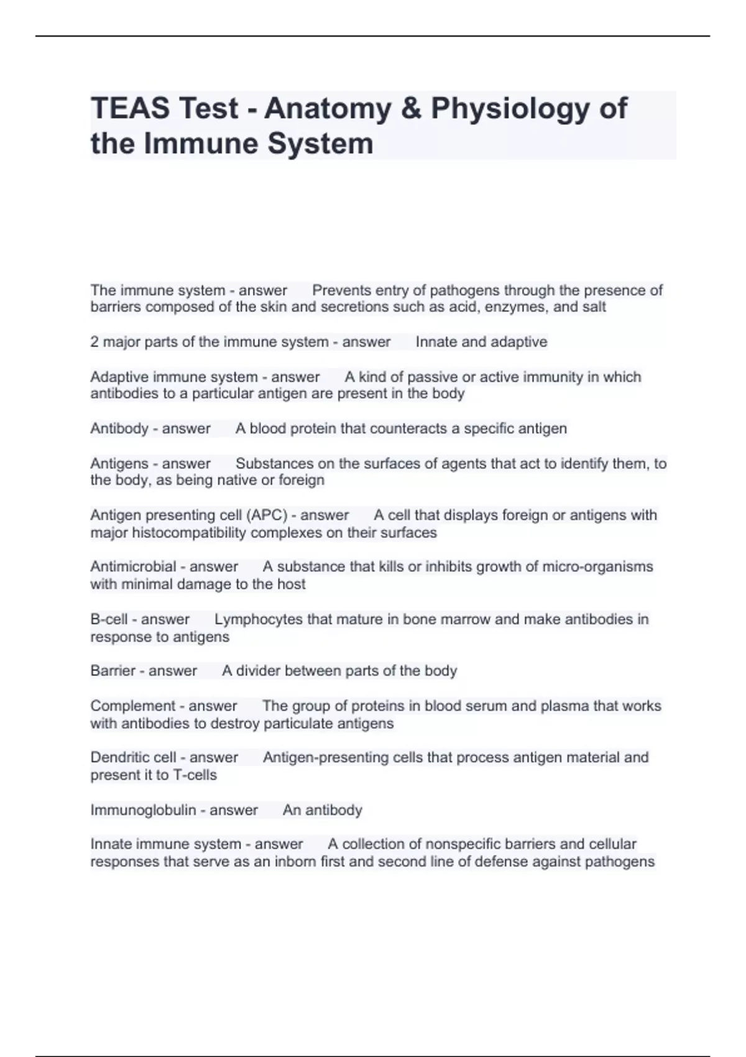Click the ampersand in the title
coord(410,109)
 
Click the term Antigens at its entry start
coord(119,463)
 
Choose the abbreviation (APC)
coord(267,515)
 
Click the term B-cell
coord(109,619)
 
